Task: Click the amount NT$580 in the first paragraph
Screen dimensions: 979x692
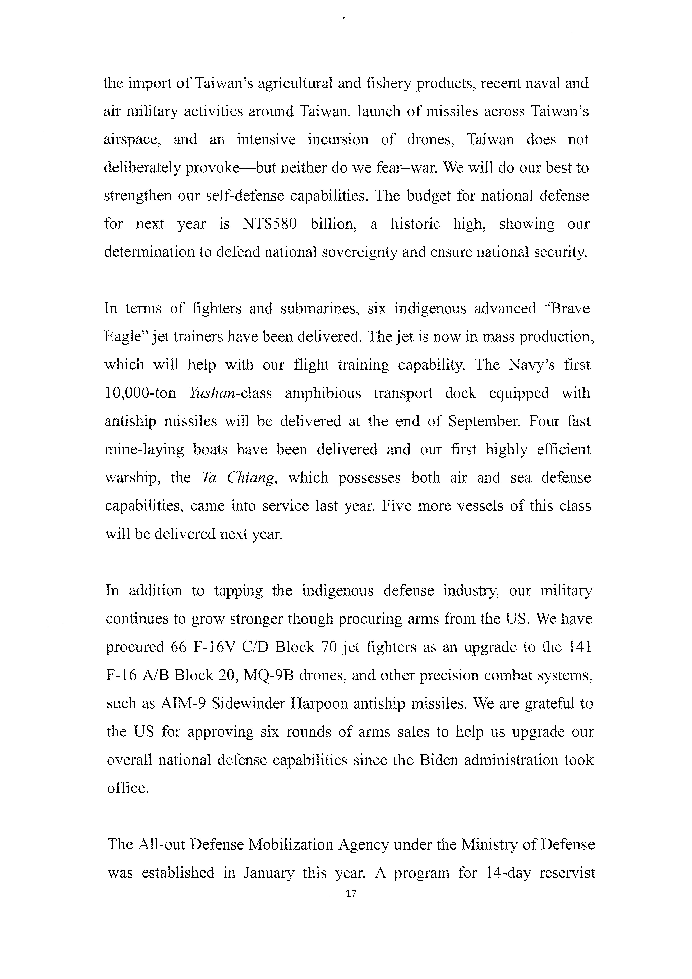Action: pos(269,224)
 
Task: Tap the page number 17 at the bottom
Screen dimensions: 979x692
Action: pos(351,906)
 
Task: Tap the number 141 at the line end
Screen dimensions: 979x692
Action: pos(580,647)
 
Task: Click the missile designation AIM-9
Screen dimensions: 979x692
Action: pos(184,703)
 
